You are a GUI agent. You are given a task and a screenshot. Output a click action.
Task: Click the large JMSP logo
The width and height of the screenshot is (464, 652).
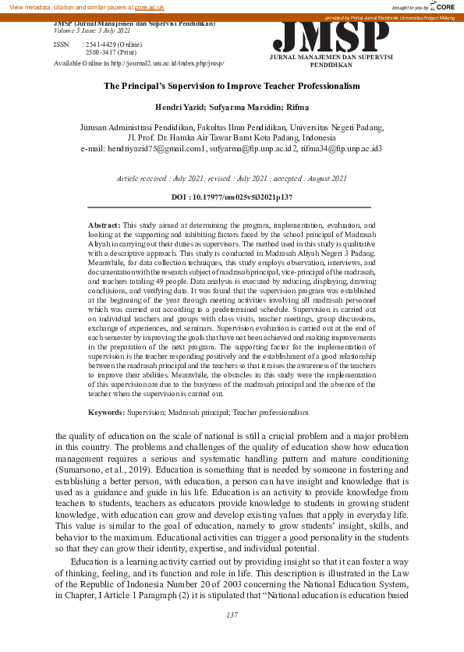point(331,36)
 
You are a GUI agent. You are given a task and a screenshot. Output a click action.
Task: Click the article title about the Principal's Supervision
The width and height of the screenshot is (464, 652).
point(232,86)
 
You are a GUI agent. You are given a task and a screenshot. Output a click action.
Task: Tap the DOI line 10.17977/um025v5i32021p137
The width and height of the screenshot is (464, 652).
point(232,198)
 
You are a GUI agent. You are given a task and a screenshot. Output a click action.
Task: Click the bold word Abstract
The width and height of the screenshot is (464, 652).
point(104,224)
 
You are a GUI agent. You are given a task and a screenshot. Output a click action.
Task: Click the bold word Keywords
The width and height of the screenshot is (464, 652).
point(106,411)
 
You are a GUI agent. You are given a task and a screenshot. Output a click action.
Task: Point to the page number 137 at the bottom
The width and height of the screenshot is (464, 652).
point(232,615)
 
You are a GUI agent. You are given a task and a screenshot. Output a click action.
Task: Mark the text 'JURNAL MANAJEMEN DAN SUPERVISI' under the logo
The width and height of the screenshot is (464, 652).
point(331,58)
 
